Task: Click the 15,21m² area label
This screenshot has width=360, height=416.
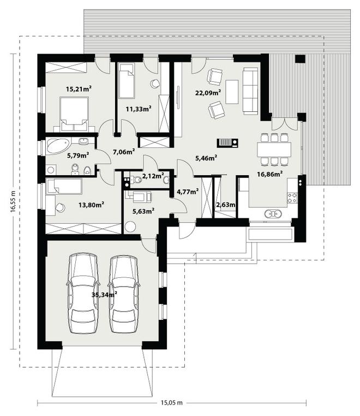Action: click(x=79, y=89)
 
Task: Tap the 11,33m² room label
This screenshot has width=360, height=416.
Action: click(x=139, y=109)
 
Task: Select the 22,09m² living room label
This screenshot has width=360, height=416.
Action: click(x=208, y=93)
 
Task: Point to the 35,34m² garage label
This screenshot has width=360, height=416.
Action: click(x=104, y=294)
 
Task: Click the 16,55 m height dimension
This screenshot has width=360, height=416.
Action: click(x=13, y=201)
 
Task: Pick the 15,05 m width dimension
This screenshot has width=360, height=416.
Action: click(x=172, y=403)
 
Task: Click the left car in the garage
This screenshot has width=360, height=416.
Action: click(x=83, y=293)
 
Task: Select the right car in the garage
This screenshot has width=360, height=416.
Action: click(x=124, y=294)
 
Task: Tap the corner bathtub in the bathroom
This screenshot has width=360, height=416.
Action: click(x=58, y=146)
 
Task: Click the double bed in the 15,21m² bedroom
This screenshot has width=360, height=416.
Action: click(x=74, y=114)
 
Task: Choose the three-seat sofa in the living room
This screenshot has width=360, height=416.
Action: click(x=250, y=91)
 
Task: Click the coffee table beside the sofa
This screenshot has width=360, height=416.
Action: click(x=232, y=92)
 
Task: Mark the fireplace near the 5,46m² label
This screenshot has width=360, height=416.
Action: click(x=227, y=143)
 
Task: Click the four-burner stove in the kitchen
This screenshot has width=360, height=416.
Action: click(x=292, y=198)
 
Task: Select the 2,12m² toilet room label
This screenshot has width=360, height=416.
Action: click(x=153, y=176)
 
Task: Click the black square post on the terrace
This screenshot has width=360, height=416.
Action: click(x=300, y=59)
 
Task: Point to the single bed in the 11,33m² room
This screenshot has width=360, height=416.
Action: click(x=127, y=81)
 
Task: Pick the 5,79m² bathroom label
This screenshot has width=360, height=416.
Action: click(x=77, y=155)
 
